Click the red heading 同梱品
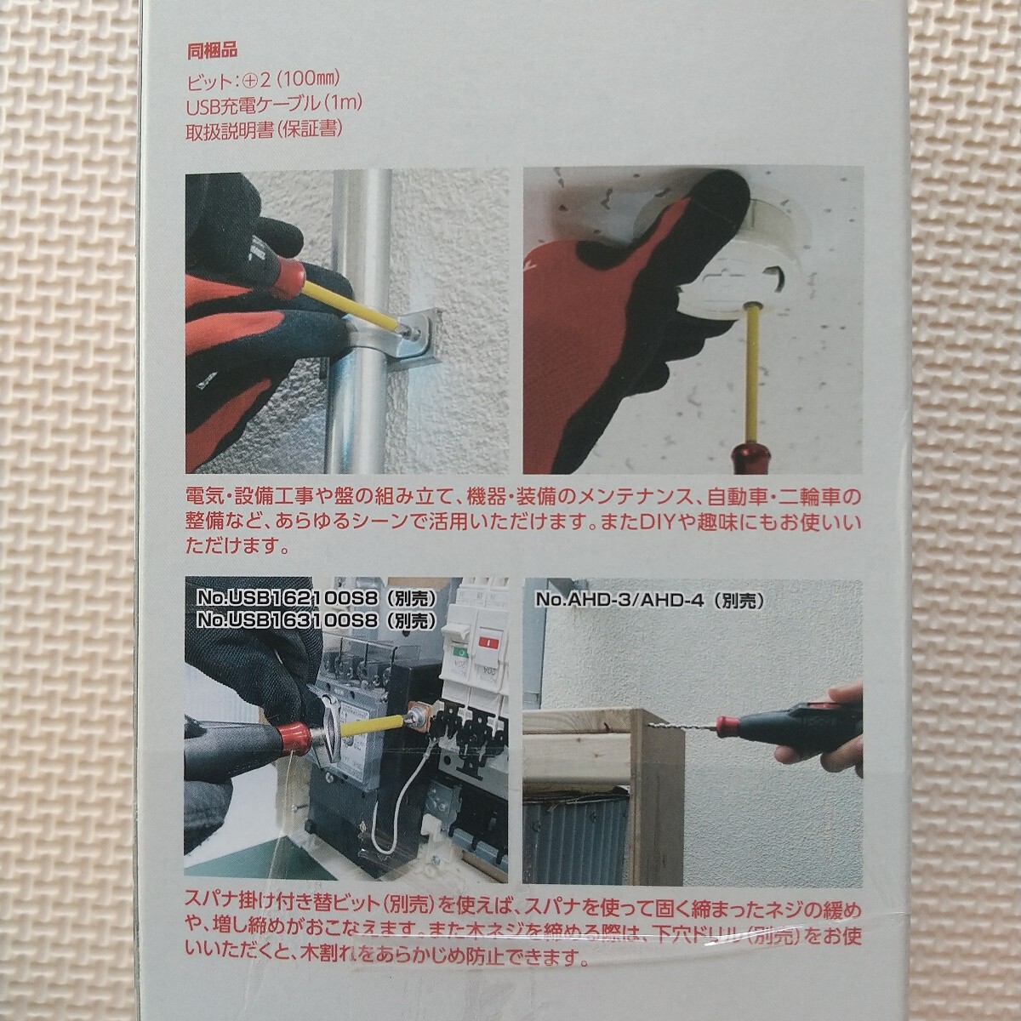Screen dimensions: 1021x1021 (212, 51)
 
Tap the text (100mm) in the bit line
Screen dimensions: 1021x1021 (308, 81)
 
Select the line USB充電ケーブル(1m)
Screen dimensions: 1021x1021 (273, 105)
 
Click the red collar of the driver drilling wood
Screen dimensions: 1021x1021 (727, 724)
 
